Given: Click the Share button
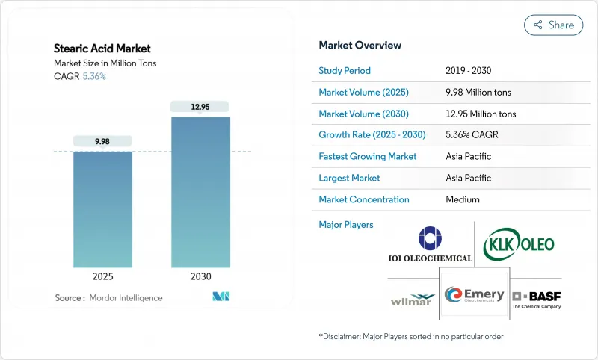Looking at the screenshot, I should pyautogui.click(x=554, y=25).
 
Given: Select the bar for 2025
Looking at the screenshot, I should pyautogui.click(x=102, y=209).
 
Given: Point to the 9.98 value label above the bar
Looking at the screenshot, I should pyautogui.click(x=102, y=141).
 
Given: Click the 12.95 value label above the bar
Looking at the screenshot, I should pyautogui.click(x=200, y=107).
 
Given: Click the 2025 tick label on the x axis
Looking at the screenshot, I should pyautogui.click(x=102, y=276).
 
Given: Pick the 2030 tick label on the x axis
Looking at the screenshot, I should pyautogui.click(x=200, y=276).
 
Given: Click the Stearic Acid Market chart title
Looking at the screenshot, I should pyautogui.click(x=102, y=49).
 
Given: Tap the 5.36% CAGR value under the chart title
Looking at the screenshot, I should pyautogui.click(x=93, y=76).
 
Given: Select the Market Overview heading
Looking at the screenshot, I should pyautogui.click(x=360, y=45).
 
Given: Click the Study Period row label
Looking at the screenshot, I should pyautogui.click(x=345, y=71).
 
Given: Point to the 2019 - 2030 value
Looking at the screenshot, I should pyautogui.click(x=468, y=71).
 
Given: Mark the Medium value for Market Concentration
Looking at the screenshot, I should pyautogui.click(x=462, y=199).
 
